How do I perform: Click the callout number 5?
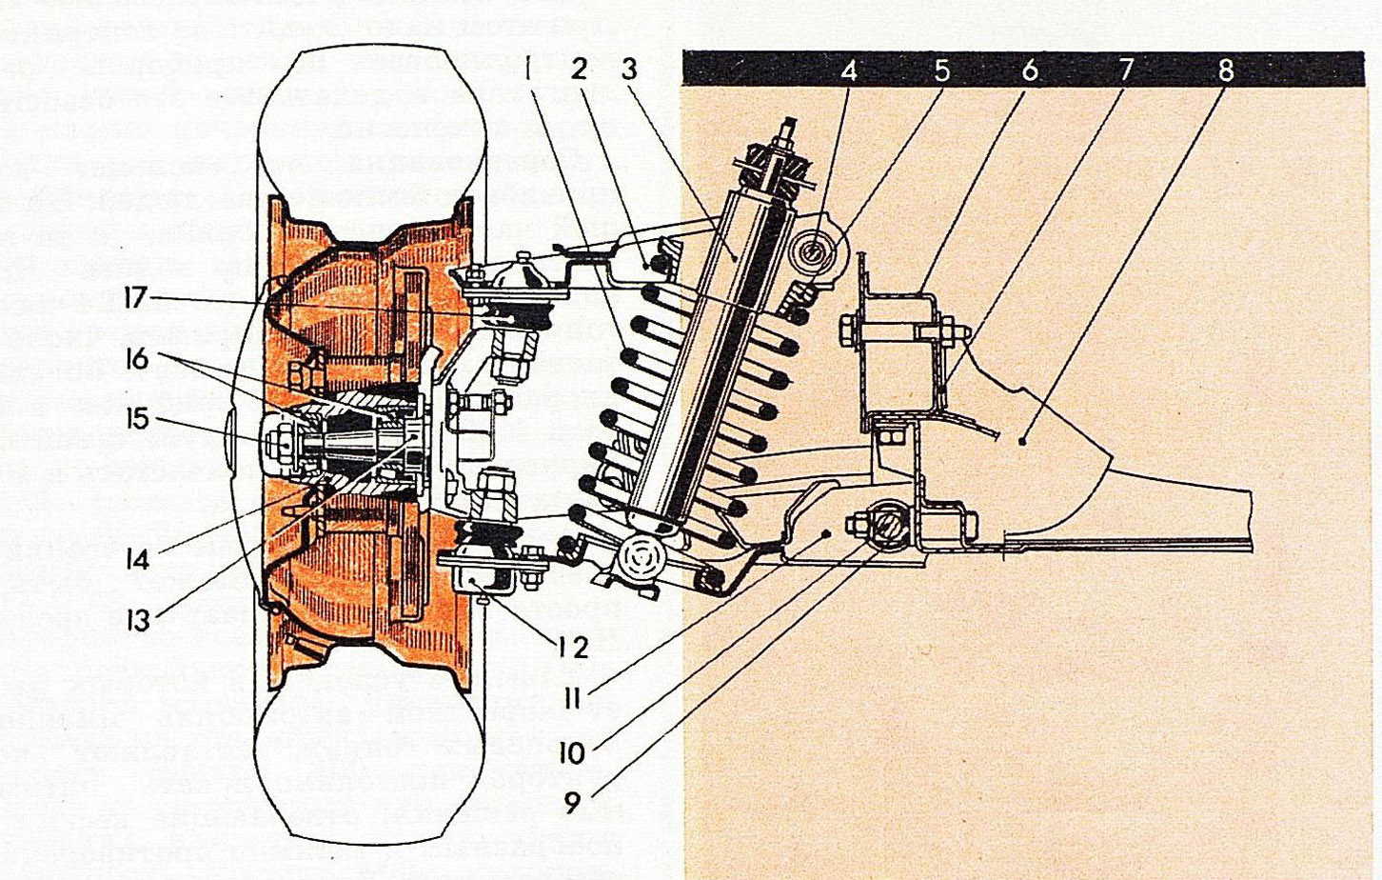pos(940,70)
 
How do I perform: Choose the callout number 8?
pos(1225,70)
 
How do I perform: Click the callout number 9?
pos(571,803)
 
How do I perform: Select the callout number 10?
pos(571,752)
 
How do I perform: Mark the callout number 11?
pos(571,698)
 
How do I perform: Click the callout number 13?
pos(139,620)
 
